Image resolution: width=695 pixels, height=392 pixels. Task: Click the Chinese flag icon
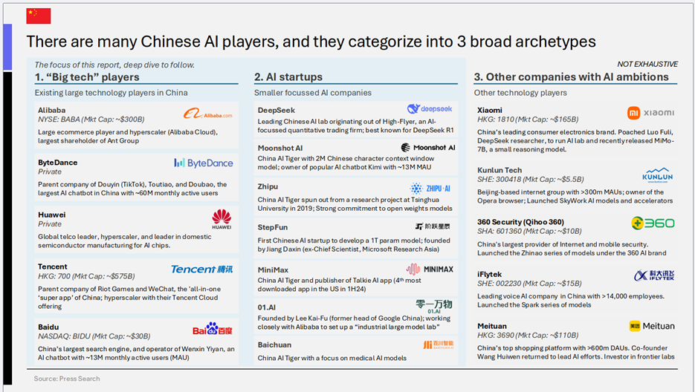[39, 16]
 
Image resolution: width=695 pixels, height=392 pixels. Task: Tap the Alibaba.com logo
[208, 114]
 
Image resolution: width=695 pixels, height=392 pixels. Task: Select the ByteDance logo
[204, 163]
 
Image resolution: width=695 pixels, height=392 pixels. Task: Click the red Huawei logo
[222, 219]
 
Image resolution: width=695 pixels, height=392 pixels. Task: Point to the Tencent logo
[201, 269]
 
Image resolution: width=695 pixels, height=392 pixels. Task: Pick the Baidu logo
[213, 329]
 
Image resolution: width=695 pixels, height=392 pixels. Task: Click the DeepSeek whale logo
[430, 108]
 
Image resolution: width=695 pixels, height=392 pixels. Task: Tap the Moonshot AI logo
[427, 148]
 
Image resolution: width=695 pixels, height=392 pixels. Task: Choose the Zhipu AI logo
[430, 189]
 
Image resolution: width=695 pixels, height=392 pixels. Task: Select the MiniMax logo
[430, 269]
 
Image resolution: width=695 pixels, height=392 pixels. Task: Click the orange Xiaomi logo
[650, 113]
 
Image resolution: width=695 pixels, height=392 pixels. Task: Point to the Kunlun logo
[657, 175]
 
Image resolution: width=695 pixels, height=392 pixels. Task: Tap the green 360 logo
[653, 223]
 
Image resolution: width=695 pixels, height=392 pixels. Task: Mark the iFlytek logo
[654, 275]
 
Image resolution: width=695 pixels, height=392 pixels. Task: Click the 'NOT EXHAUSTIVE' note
[647, 65]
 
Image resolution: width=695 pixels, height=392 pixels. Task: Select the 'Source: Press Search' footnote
[67, 379]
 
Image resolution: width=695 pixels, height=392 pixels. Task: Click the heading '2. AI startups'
[288, 77]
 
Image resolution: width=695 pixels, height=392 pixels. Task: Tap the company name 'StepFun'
[273, 227]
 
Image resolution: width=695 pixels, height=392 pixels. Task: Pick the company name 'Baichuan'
[274, 344]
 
